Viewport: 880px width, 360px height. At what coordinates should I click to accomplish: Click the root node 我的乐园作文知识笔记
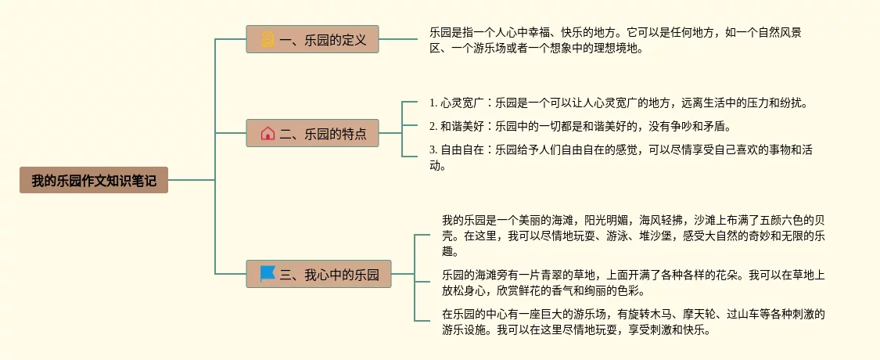(94, 180)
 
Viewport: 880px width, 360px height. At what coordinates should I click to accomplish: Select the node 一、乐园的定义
(312, 39)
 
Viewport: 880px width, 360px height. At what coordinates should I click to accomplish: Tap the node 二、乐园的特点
(312, 133)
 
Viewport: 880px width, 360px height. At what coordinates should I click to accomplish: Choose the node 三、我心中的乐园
(318, 274)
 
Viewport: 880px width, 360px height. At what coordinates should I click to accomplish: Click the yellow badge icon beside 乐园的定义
(268, 39)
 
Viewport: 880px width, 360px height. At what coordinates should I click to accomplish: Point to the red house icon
(268, 133)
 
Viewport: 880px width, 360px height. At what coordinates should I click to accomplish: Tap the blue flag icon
(268, 274)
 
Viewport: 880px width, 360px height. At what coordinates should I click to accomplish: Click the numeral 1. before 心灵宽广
(433, 103)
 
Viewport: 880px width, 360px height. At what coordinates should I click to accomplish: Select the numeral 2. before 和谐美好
(433, 125)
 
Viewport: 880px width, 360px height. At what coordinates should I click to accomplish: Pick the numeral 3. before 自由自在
(433, 149)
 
